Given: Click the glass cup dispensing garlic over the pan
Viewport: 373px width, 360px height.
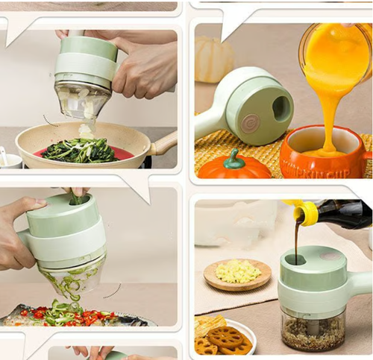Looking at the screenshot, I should [x=81, y=101].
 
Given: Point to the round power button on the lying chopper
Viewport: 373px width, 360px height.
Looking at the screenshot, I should [x=250, y=123].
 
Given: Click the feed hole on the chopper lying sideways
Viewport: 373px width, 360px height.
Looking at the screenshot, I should [x=281, y=109].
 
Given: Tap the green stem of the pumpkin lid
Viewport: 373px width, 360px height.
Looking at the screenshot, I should [x=235, y=157].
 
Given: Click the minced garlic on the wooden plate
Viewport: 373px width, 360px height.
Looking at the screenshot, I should [x=238, y=271].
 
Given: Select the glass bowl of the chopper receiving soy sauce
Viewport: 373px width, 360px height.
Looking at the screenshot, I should [x=313, y=327].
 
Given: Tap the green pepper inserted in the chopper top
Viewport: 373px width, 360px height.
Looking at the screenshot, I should [x=78, y=199].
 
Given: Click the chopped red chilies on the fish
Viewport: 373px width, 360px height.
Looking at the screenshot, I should [x=93, y=317].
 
